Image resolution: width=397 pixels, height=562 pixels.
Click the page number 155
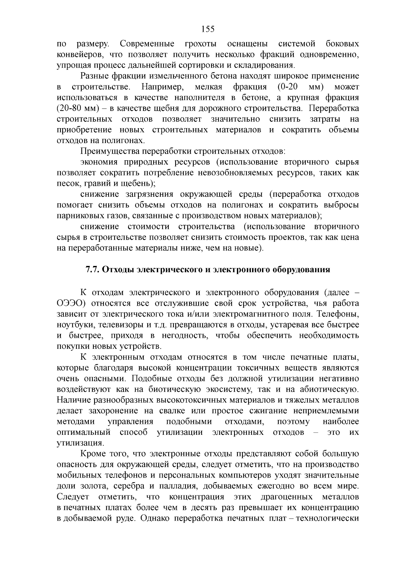click(208, 29)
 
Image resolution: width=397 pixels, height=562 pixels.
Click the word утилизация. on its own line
click(79, 443)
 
